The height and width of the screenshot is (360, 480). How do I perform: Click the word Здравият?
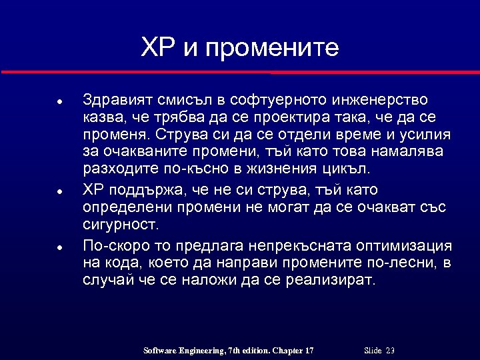(117, 100)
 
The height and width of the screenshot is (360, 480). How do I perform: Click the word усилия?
(425, 135)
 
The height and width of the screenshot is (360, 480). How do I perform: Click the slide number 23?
(390, 351)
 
